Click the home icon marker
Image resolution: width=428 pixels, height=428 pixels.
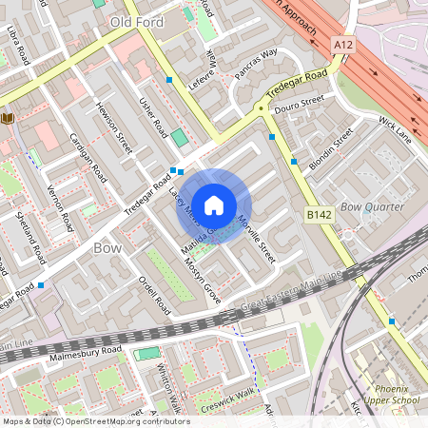(214, 204)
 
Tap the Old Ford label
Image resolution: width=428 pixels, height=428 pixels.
(139, 21)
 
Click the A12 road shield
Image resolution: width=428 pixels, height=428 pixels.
(343, 45)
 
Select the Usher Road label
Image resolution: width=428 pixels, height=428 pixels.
(153, 118)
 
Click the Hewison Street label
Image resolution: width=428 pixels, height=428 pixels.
(113, 128)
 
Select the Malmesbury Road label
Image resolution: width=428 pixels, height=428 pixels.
(86, 353)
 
